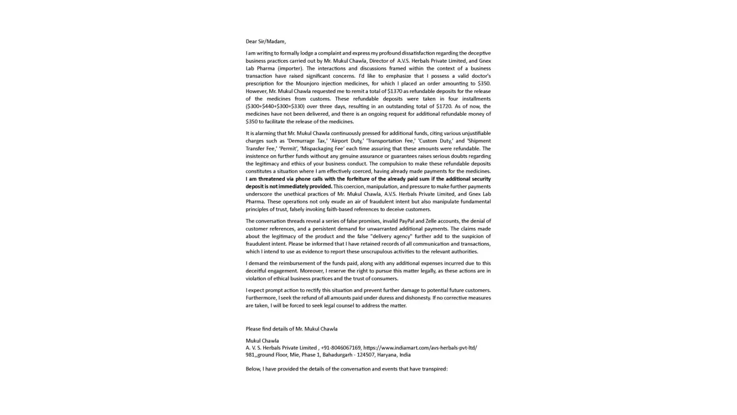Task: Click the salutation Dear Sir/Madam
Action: (265, 41)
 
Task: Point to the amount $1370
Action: (394, 91)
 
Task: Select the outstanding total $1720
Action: (444, 106)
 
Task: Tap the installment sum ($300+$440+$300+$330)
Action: (275, 106)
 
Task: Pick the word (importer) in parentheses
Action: (290, 68)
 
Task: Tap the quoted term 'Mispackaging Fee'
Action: (322, 149)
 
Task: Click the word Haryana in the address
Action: (386, 355)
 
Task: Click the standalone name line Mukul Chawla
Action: (262, 341)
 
